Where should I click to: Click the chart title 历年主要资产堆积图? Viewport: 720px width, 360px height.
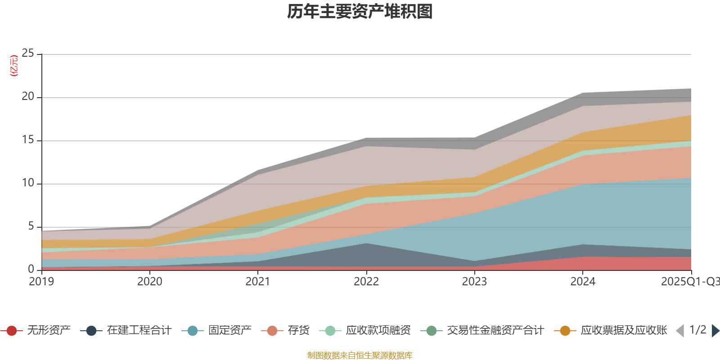click(360, 12)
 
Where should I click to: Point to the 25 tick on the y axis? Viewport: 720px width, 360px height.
click(28, 54)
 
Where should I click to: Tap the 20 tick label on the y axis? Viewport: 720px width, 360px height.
click(28, 97)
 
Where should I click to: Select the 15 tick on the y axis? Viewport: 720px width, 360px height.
click(28, 140)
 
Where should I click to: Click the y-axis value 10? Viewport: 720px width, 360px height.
click(28, 183)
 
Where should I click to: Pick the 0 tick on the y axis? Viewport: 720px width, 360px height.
click(31, 269)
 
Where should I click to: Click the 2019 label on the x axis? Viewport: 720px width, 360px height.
click(41, 282)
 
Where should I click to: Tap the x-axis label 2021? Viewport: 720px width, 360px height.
click(258, 282)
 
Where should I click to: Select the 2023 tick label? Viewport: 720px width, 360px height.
click(474, 282)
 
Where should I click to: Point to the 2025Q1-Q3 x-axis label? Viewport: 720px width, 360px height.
click(690, 282)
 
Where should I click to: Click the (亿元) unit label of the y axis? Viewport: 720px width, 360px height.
click(14, 66)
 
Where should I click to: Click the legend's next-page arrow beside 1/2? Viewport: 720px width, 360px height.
click(715, 331)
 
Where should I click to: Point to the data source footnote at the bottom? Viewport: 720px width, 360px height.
click(360, 355)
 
